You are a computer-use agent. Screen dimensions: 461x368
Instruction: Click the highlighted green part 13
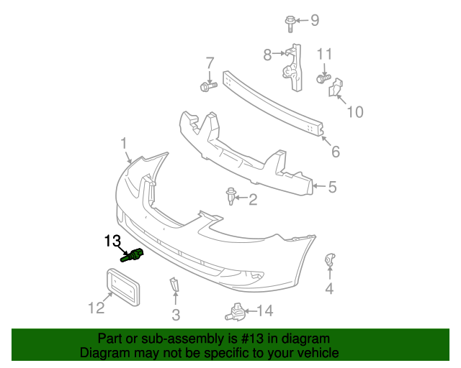pos(133,255)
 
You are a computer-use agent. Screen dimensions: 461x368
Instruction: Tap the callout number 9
pos(315,20)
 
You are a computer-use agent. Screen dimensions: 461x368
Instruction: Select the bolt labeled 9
pos(290,24)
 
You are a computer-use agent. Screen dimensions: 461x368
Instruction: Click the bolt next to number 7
pos(208,86)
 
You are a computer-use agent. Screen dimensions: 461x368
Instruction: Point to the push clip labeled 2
pos(230,195)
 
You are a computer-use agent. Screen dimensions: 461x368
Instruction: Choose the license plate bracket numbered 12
pos(122,287)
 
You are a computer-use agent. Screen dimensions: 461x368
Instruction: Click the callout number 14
pos(265,310)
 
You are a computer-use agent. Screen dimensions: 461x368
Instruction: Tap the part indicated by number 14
pos(236,312)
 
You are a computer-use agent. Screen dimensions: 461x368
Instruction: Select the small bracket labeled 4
pos(330,259)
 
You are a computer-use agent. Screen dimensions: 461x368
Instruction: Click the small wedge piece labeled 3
pos(174,285)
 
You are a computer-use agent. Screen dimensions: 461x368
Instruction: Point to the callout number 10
pos(355,112)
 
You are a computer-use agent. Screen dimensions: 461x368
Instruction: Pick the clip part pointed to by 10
pos(336,87)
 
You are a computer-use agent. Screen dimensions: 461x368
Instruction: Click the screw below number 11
pos(323,78)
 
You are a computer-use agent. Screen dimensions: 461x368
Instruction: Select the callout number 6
pos(336,152)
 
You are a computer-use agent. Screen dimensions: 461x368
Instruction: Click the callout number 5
pos(333,187)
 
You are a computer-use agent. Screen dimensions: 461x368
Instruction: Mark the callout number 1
pos(124,144)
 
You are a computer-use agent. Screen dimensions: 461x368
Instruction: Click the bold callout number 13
pos(112,241)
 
